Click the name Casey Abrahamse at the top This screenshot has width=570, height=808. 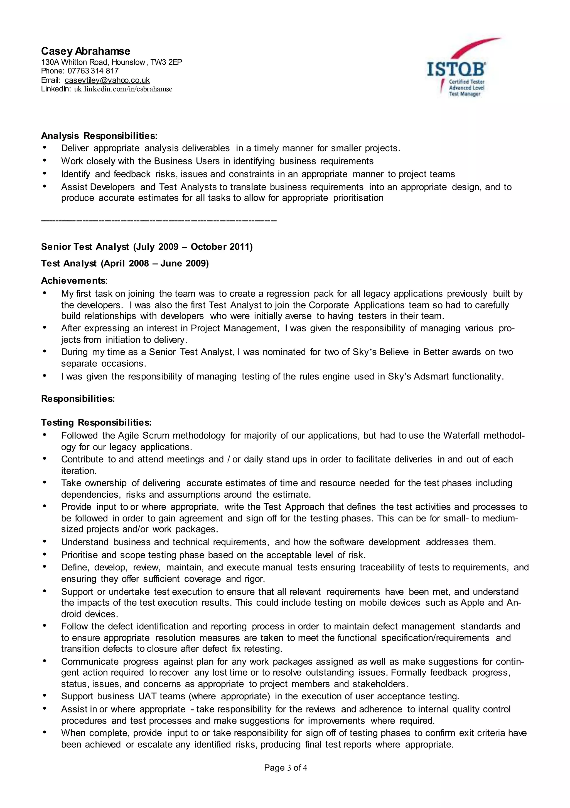tap(85, 51)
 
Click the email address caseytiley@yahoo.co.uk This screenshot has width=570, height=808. tap(107, 80)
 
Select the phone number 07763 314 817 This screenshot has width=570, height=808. tap(93, 71)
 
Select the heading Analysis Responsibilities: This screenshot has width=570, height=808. tap(99, 136)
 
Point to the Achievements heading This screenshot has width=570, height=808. tap(73, 281)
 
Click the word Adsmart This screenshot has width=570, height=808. tap(431, 376)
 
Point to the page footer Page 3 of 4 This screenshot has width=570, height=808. tap(285, 768)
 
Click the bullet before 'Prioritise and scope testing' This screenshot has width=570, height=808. tap(45, 555)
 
